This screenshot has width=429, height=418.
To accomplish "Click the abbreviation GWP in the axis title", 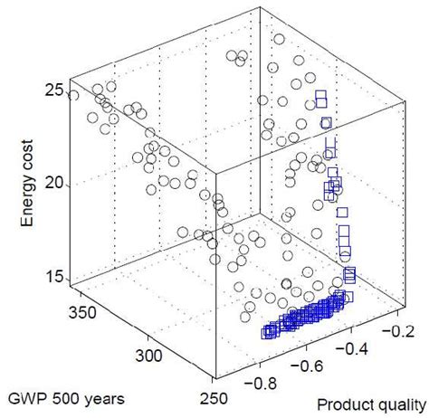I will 24,397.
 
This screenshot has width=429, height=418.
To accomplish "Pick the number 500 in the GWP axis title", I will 60,397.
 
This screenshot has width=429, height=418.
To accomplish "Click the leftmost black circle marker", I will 74,95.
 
